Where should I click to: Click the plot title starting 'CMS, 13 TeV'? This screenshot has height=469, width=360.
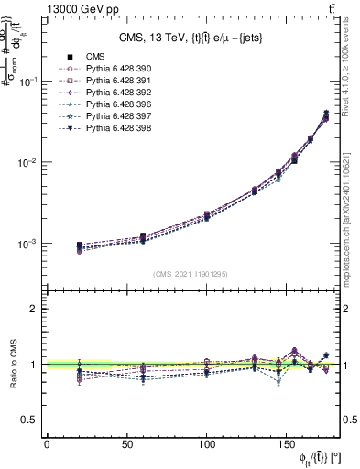(192, 38)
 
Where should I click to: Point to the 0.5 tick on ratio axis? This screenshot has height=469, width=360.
(32, 420)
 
